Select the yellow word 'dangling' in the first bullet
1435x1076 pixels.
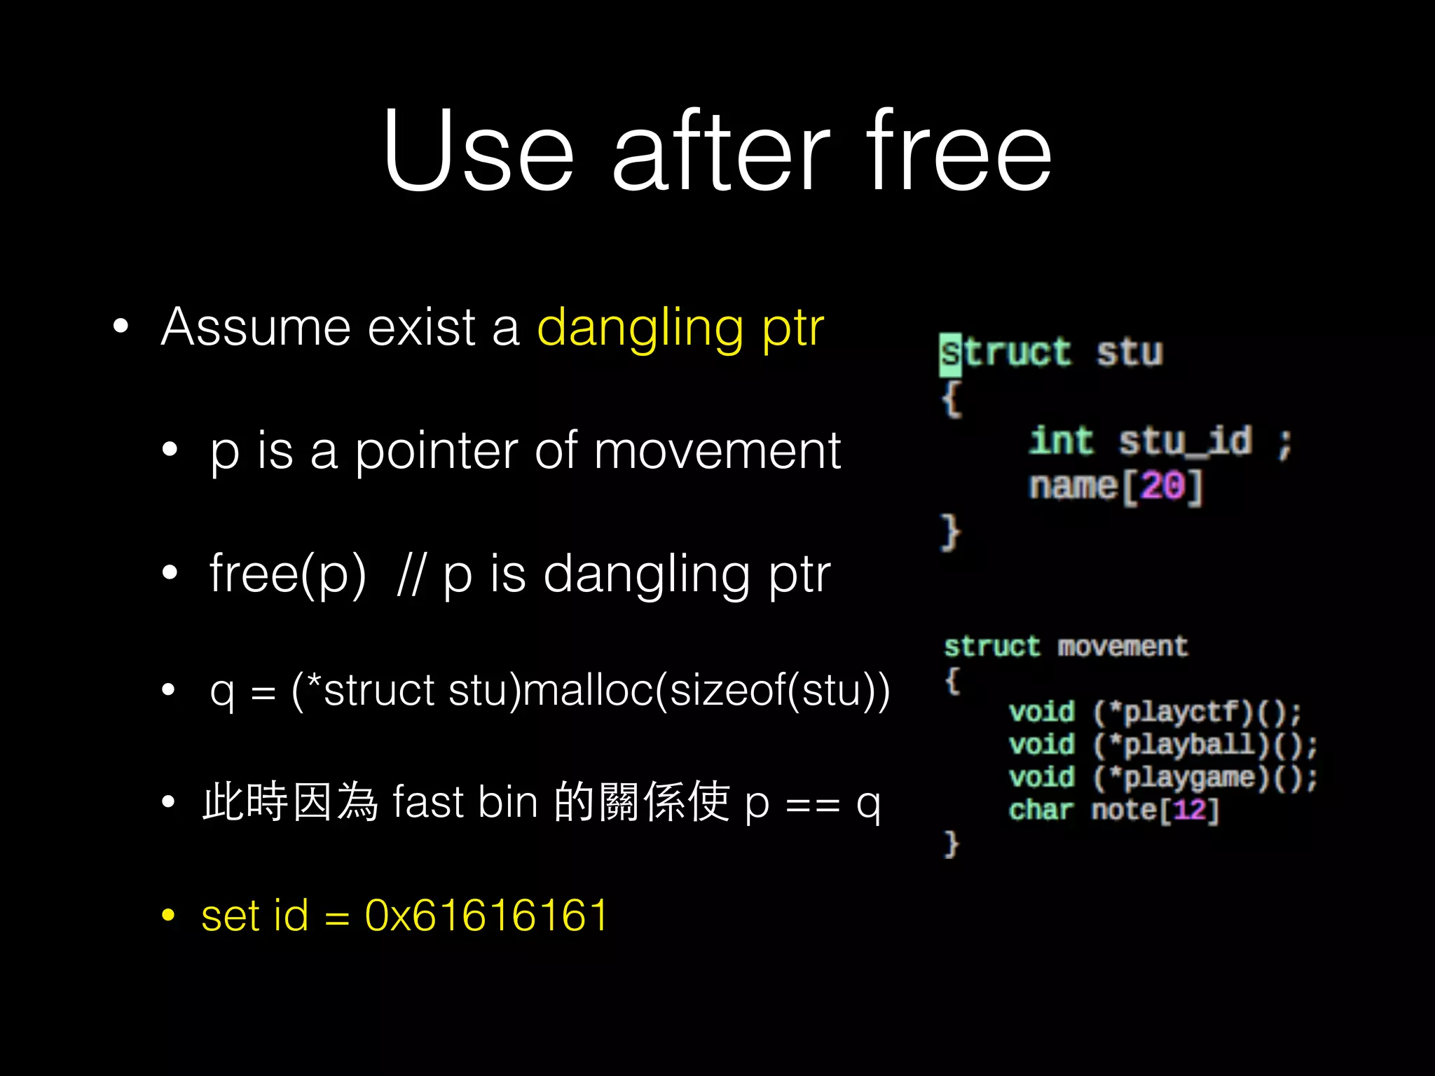click(640, 328)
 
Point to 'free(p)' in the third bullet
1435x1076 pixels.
click(287, 574)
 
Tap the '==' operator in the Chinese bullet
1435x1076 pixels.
click(813, 804)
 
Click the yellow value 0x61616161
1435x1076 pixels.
click(486, 916)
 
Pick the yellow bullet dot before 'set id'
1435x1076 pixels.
click(168, 915)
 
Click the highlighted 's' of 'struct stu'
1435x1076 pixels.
click(950, 353)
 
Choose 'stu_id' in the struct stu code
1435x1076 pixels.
click(1185, 442)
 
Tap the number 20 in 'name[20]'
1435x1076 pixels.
click(1162, 485)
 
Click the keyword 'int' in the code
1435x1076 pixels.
click(1061, 442)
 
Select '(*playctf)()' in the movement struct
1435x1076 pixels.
click(1195, 712)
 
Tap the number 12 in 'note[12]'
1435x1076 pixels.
click(1189, 811)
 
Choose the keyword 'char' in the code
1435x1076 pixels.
click(1041, 811)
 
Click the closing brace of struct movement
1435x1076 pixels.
click(951, 843)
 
